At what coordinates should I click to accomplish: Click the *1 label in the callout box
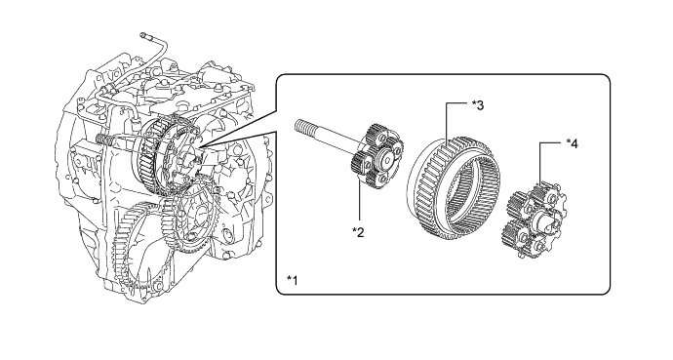click(x=293, y=280)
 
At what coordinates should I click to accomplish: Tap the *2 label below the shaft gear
click(x=358, y=232)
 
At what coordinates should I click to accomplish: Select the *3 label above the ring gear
click(x=478, y=105)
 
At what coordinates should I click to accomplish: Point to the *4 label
click(x=573, y=143)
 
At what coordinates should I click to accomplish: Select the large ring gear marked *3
click(x=455, y=189)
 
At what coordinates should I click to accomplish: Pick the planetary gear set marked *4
click(x=534, y=220)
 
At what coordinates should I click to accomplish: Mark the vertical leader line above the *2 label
click(x=359, y=202)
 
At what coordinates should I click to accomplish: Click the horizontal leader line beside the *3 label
click(x=456, y=103)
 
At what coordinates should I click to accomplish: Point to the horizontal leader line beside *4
click(x=551, y=143)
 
